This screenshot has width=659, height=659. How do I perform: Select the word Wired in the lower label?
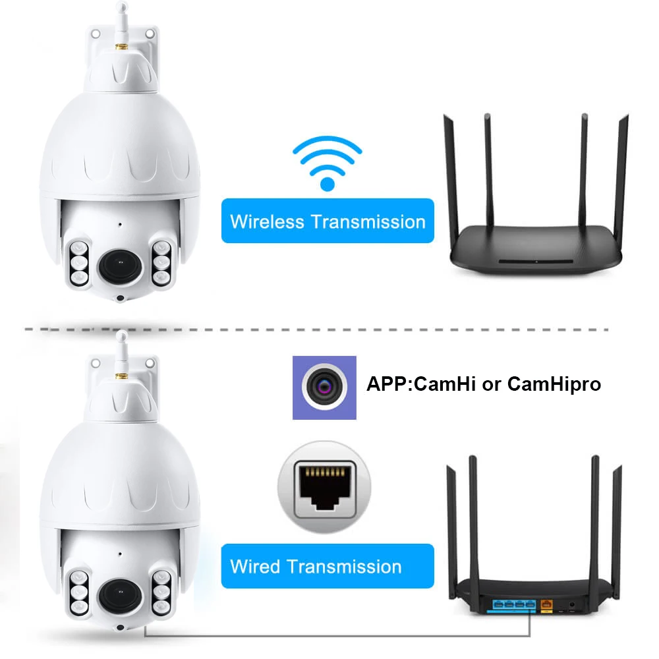coord(256,566)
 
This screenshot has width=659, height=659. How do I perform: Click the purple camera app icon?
coord(324,387)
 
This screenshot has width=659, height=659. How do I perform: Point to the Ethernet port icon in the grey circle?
coord(324,488)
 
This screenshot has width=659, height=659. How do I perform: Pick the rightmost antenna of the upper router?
coord(621,178)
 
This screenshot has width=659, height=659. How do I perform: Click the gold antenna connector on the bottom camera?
coord(121,375)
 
